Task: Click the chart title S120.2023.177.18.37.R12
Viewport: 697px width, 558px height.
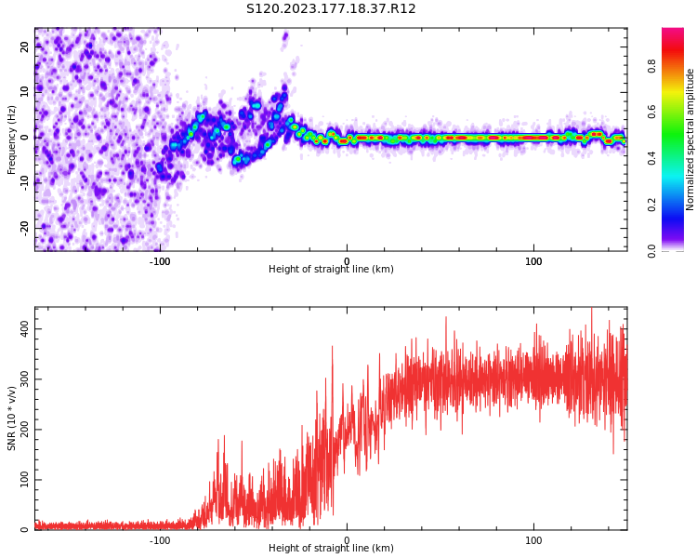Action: [331, 9]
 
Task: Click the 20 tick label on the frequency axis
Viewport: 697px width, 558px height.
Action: [25, 46]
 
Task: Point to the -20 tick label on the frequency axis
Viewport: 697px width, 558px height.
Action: [25, 226]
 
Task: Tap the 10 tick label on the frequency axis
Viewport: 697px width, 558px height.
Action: [25, 91]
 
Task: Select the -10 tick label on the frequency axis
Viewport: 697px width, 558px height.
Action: [25, 181]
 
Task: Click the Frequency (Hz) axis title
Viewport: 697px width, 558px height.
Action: [12, 139]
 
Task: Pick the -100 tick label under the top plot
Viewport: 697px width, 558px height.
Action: [160, 261]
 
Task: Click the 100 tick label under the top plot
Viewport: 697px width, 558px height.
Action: [533, 261]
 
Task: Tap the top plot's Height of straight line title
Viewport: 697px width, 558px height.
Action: [331, 270]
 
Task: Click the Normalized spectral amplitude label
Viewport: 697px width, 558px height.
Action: [690, 139]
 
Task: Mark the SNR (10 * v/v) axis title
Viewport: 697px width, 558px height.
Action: [12, 418]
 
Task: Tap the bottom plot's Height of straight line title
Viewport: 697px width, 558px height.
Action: [331, 549]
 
